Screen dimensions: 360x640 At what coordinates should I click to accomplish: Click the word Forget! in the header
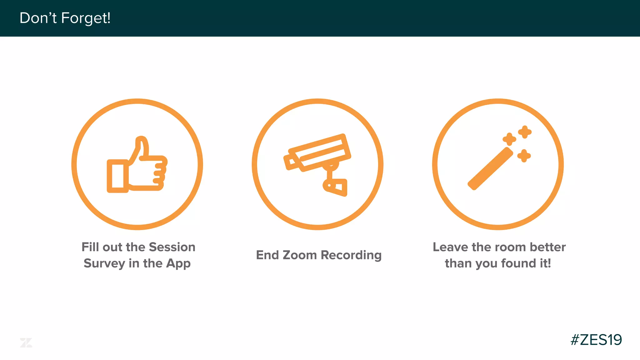(86, 18)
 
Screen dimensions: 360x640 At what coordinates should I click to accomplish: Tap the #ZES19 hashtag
(596, 340)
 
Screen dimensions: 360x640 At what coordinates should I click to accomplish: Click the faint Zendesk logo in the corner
(26, 342)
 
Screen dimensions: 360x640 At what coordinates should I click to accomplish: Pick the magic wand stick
(490, 169)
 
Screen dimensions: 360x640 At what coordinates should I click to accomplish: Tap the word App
(178, 263)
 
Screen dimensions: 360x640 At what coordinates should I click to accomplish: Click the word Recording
(351, 255)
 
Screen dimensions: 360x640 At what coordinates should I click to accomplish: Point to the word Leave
(450, 247)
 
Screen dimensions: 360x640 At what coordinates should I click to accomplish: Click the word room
(512, 247)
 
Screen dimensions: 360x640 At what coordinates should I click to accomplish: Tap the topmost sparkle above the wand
(525, 132)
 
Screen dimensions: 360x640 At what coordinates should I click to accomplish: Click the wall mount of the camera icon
(336, 187)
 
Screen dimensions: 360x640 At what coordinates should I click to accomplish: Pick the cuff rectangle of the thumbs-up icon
(117, 176)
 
